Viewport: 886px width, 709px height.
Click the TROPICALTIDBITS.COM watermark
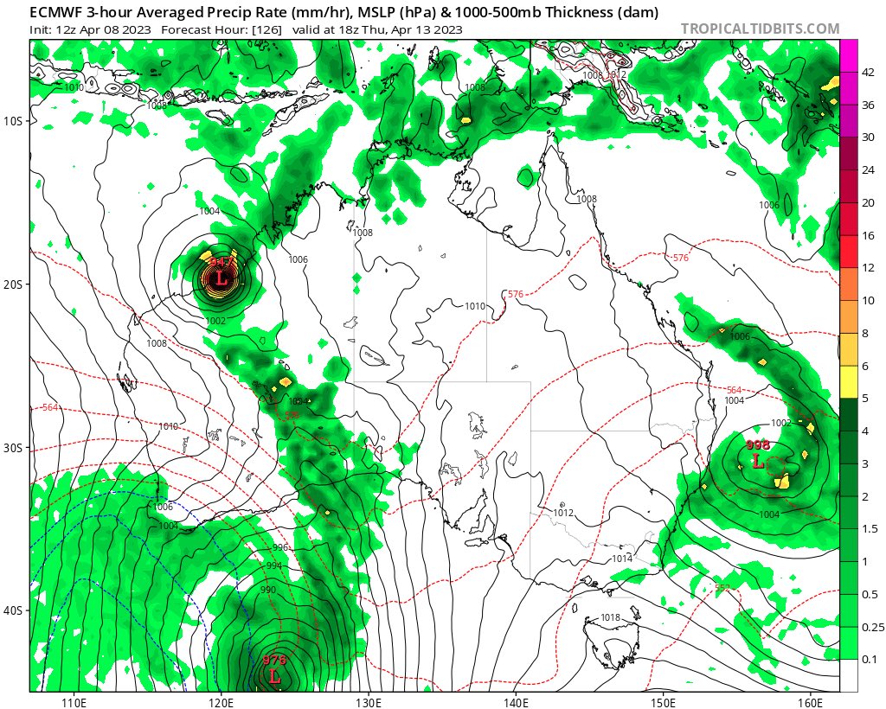tap(760, 29)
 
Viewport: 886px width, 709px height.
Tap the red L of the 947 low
tap(221, 278)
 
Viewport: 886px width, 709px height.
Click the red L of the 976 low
tap(274, 676)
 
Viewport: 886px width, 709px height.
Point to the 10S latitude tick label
tap(16, 121)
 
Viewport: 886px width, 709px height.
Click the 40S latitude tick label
tap(16, 611)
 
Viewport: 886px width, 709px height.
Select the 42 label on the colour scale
tap(869, 73)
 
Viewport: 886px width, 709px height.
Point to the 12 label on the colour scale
tap(869, 268)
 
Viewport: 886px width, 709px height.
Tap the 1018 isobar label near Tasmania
tap(610, 618)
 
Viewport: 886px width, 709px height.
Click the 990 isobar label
tap(268, 589)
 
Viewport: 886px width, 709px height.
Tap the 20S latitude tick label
tap(16, 284)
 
